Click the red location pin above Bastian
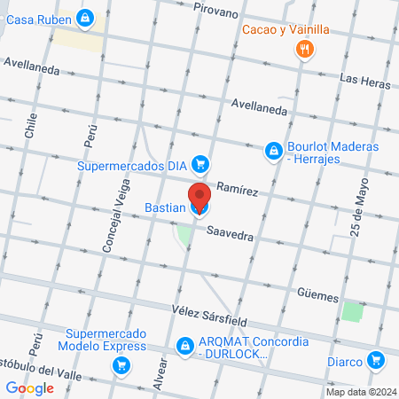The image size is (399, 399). [199, 196]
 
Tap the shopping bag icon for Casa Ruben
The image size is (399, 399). [84, 17]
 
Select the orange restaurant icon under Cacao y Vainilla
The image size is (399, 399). [304, 50]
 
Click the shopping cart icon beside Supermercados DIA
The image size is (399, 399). [201, 164]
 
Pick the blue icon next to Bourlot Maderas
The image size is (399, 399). [273, 153]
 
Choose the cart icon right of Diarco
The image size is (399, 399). [377, 360]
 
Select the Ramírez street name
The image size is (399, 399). [238, 191]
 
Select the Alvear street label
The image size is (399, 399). [160, 372]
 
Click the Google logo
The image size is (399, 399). [28, 387]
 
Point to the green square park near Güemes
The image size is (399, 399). [353, 312]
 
